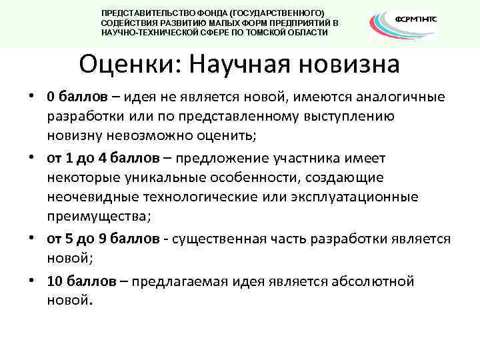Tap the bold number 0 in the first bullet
[51, 97]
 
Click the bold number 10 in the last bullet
[55, 281]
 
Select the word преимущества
[99, 217]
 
